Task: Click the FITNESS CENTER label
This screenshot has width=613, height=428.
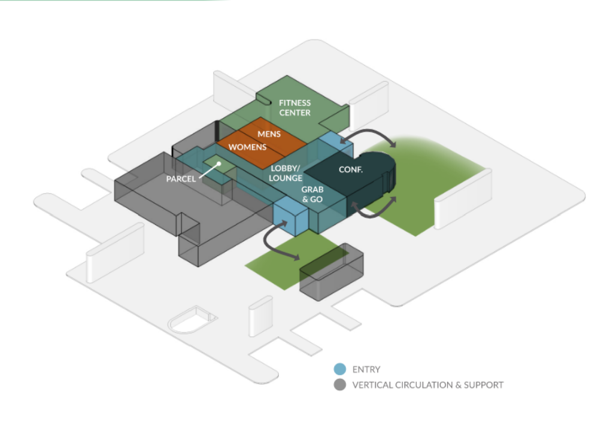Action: click(x=295, y=108)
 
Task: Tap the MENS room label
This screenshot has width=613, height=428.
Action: click(x=269, y=134)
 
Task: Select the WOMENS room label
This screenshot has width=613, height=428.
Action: click(x=247, y=147)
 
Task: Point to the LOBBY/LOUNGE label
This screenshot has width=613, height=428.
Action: click(x=286, y=173)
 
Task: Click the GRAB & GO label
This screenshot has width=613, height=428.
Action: click(x=312, y=195)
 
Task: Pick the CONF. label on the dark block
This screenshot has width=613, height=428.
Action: click(x=351, y=169)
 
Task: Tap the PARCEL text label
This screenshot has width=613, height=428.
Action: click(x=181, y=179)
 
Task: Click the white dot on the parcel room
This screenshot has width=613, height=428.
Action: click(x=219, y=164)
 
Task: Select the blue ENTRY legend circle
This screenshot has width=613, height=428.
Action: click(x=340, y=369)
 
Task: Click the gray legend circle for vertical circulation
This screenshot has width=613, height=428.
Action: click(x=340, y=385)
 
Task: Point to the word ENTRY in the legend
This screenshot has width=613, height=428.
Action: click(x=366, y=369)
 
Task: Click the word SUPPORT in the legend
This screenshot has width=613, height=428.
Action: click(x=484, y=385)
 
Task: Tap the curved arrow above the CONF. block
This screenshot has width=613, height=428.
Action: click(x=369, y=131)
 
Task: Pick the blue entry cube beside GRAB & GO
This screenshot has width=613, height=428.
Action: click(x=292, y=216)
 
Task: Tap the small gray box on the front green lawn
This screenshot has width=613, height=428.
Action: click(x=332, y=272)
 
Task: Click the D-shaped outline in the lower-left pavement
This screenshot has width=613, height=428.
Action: click(x=192, y=319)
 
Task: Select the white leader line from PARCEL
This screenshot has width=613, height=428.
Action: click(x=209, y=171)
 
